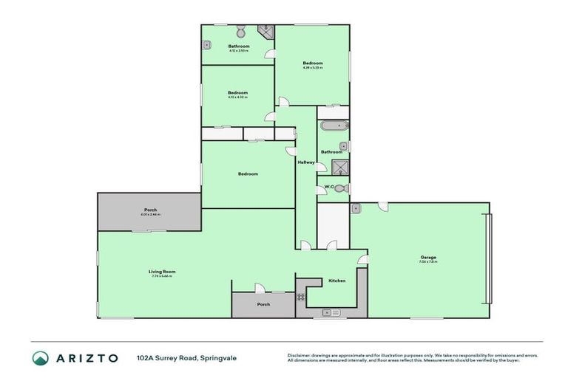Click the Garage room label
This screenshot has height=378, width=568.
tap(428, 257)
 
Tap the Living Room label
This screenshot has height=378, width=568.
tap(161, 272)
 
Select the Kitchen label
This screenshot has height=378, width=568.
tap(337, 281)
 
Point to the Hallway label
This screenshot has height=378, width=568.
tap(306, 162)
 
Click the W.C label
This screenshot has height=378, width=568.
tap(328, 187)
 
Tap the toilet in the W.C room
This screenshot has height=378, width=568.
tap(340, 188)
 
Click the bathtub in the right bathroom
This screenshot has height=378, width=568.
tap(333, 126)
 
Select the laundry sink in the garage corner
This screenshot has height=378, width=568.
tap(356, 209)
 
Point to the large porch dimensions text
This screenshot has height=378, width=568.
tap(150, 215)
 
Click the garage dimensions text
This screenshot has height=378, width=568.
tap(428, 262)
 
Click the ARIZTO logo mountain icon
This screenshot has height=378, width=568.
tap(41, 358)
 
